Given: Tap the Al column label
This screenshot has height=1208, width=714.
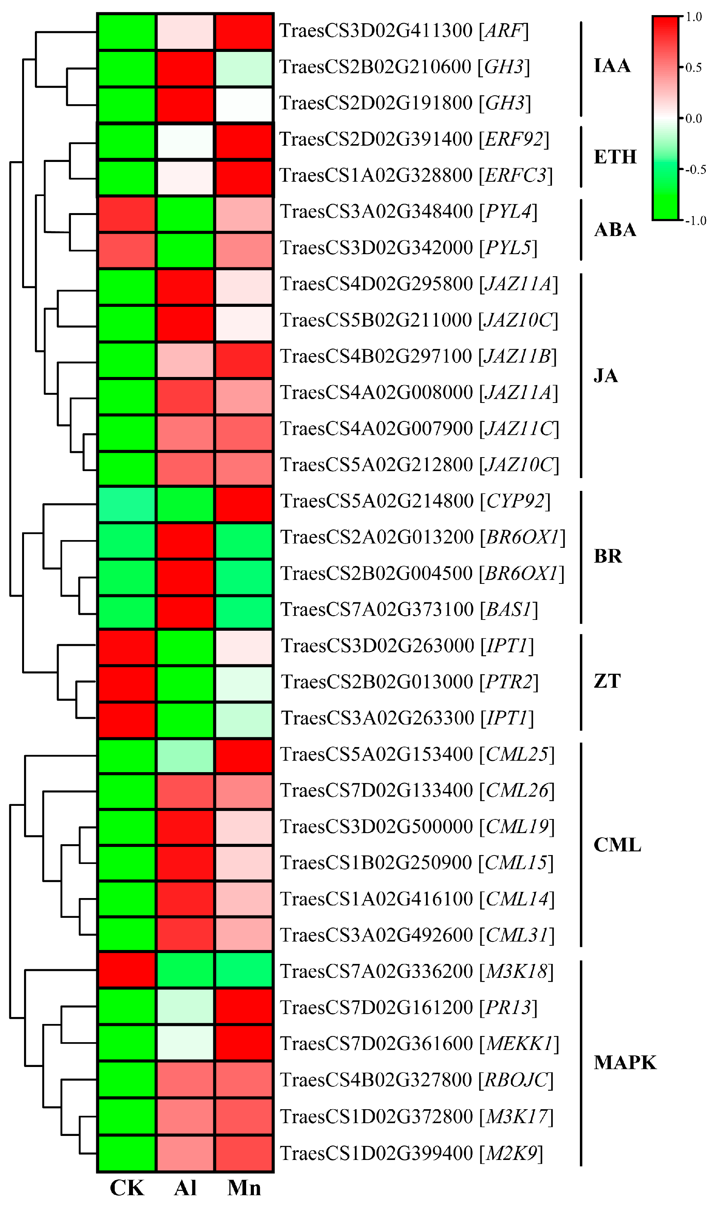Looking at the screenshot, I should (x=185, y=1188).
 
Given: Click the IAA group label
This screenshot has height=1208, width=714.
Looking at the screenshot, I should (x=612, y=65).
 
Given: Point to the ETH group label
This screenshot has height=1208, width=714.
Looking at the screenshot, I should (x=615, y=157).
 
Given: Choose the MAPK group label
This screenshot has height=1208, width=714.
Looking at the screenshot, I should (x=624, y=1063).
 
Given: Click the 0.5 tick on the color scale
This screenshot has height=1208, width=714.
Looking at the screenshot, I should (x=693, y=67).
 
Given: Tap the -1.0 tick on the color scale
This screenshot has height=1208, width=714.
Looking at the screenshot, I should (x=696, y=221).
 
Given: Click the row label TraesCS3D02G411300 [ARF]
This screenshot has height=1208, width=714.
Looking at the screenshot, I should (x=404, y=31).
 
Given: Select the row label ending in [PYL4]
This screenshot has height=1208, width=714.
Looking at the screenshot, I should (x=409, y=212).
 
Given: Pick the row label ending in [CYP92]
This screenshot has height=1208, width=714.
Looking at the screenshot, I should (x=415, y=501).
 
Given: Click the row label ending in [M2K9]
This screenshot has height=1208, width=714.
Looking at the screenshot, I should (x=411, y=1153).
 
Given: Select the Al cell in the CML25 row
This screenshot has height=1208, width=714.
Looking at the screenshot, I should (x=185, y=756).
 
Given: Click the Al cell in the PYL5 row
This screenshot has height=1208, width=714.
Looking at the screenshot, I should (x=185, y=250).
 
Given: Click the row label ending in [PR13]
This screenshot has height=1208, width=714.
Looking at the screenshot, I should (x=409, y=1007).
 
